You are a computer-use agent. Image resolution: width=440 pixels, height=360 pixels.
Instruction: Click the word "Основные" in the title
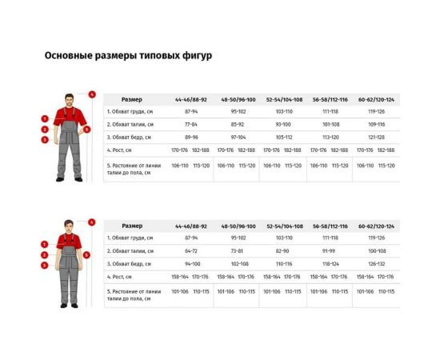pyautogui.click(x=66, y=56)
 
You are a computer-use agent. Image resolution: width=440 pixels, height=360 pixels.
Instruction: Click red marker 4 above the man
pyautogui.click(x=92, y=94)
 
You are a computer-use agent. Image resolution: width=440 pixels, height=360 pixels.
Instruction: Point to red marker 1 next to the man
pyautogui.click(x=46, y=117)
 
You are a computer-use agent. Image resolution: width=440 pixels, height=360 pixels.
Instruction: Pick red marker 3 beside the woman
pyautogui.click(x=46, y=264)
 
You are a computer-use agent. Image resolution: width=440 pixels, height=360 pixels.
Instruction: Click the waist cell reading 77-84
pyautogui.click(x=191, y=125)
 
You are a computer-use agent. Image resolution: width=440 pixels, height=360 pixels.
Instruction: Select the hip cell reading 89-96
pyautogui.click(x=191, y=137)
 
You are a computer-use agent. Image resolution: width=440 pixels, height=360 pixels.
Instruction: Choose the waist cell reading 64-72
pyautogui.click(x=191, y=250)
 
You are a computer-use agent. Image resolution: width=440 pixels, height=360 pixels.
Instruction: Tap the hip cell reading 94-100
pyautogui.click(x=191, y=263)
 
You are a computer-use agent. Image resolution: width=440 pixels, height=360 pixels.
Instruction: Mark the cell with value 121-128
pyautogui.click(x=376, y=137)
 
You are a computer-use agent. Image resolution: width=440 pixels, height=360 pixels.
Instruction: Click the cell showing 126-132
pyautogui.click(x=376, y=263)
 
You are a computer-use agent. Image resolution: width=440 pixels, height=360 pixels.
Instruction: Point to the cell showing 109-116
pyautogui.click(x=376, y=125)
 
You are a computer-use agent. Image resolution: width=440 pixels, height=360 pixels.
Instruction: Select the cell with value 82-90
pyautogui.click(x=283, y=250)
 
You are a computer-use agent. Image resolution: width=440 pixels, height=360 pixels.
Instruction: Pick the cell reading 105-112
pyautogui.click(x=283, y=137)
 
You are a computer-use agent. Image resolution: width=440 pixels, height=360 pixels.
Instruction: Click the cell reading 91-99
pyautogui.click(x=330, y=250)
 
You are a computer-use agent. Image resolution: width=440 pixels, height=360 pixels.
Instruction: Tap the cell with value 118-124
pyautogui.click(x=330, y=263)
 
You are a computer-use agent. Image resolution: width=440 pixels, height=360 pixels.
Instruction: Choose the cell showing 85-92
pyautogui.click(x=238, y=125)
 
